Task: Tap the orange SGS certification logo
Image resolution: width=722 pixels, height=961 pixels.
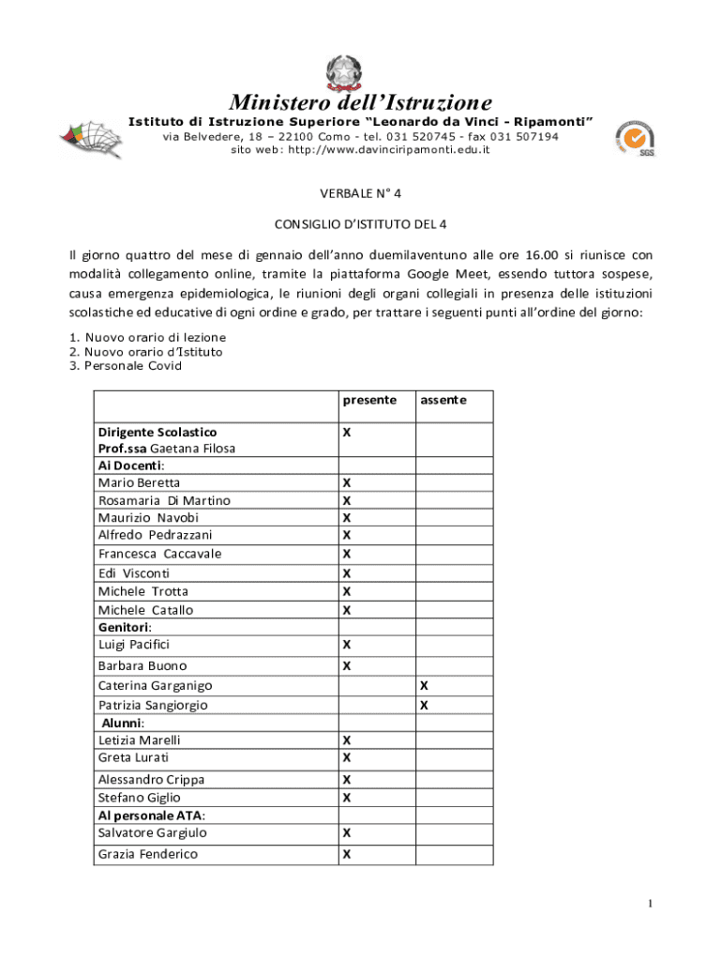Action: point(634,140)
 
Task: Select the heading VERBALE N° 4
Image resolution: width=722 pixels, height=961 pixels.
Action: point(361,194)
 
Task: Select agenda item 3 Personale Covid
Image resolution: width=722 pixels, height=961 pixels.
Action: point(126,366)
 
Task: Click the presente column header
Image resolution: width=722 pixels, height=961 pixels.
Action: point(369,400)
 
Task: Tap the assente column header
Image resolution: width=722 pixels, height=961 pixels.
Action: point(443,400)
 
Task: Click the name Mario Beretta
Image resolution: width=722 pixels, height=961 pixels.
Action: point(139,482)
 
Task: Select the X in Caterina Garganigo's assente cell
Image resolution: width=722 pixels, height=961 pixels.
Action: point(424,686)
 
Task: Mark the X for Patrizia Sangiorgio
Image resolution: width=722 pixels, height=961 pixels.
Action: point(424,705)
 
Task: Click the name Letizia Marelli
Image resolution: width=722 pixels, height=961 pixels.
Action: point(140,740)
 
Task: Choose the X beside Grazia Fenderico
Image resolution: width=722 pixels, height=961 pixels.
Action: point(347,854)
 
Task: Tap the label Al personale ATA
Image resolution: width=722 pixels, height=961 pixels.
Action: point(152,815)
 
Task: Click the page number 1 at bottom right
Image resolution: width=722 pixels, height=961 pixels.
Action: point(649,904)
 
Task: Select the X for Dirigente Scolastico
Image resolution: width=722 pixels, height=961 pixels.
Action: point(347,433)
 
